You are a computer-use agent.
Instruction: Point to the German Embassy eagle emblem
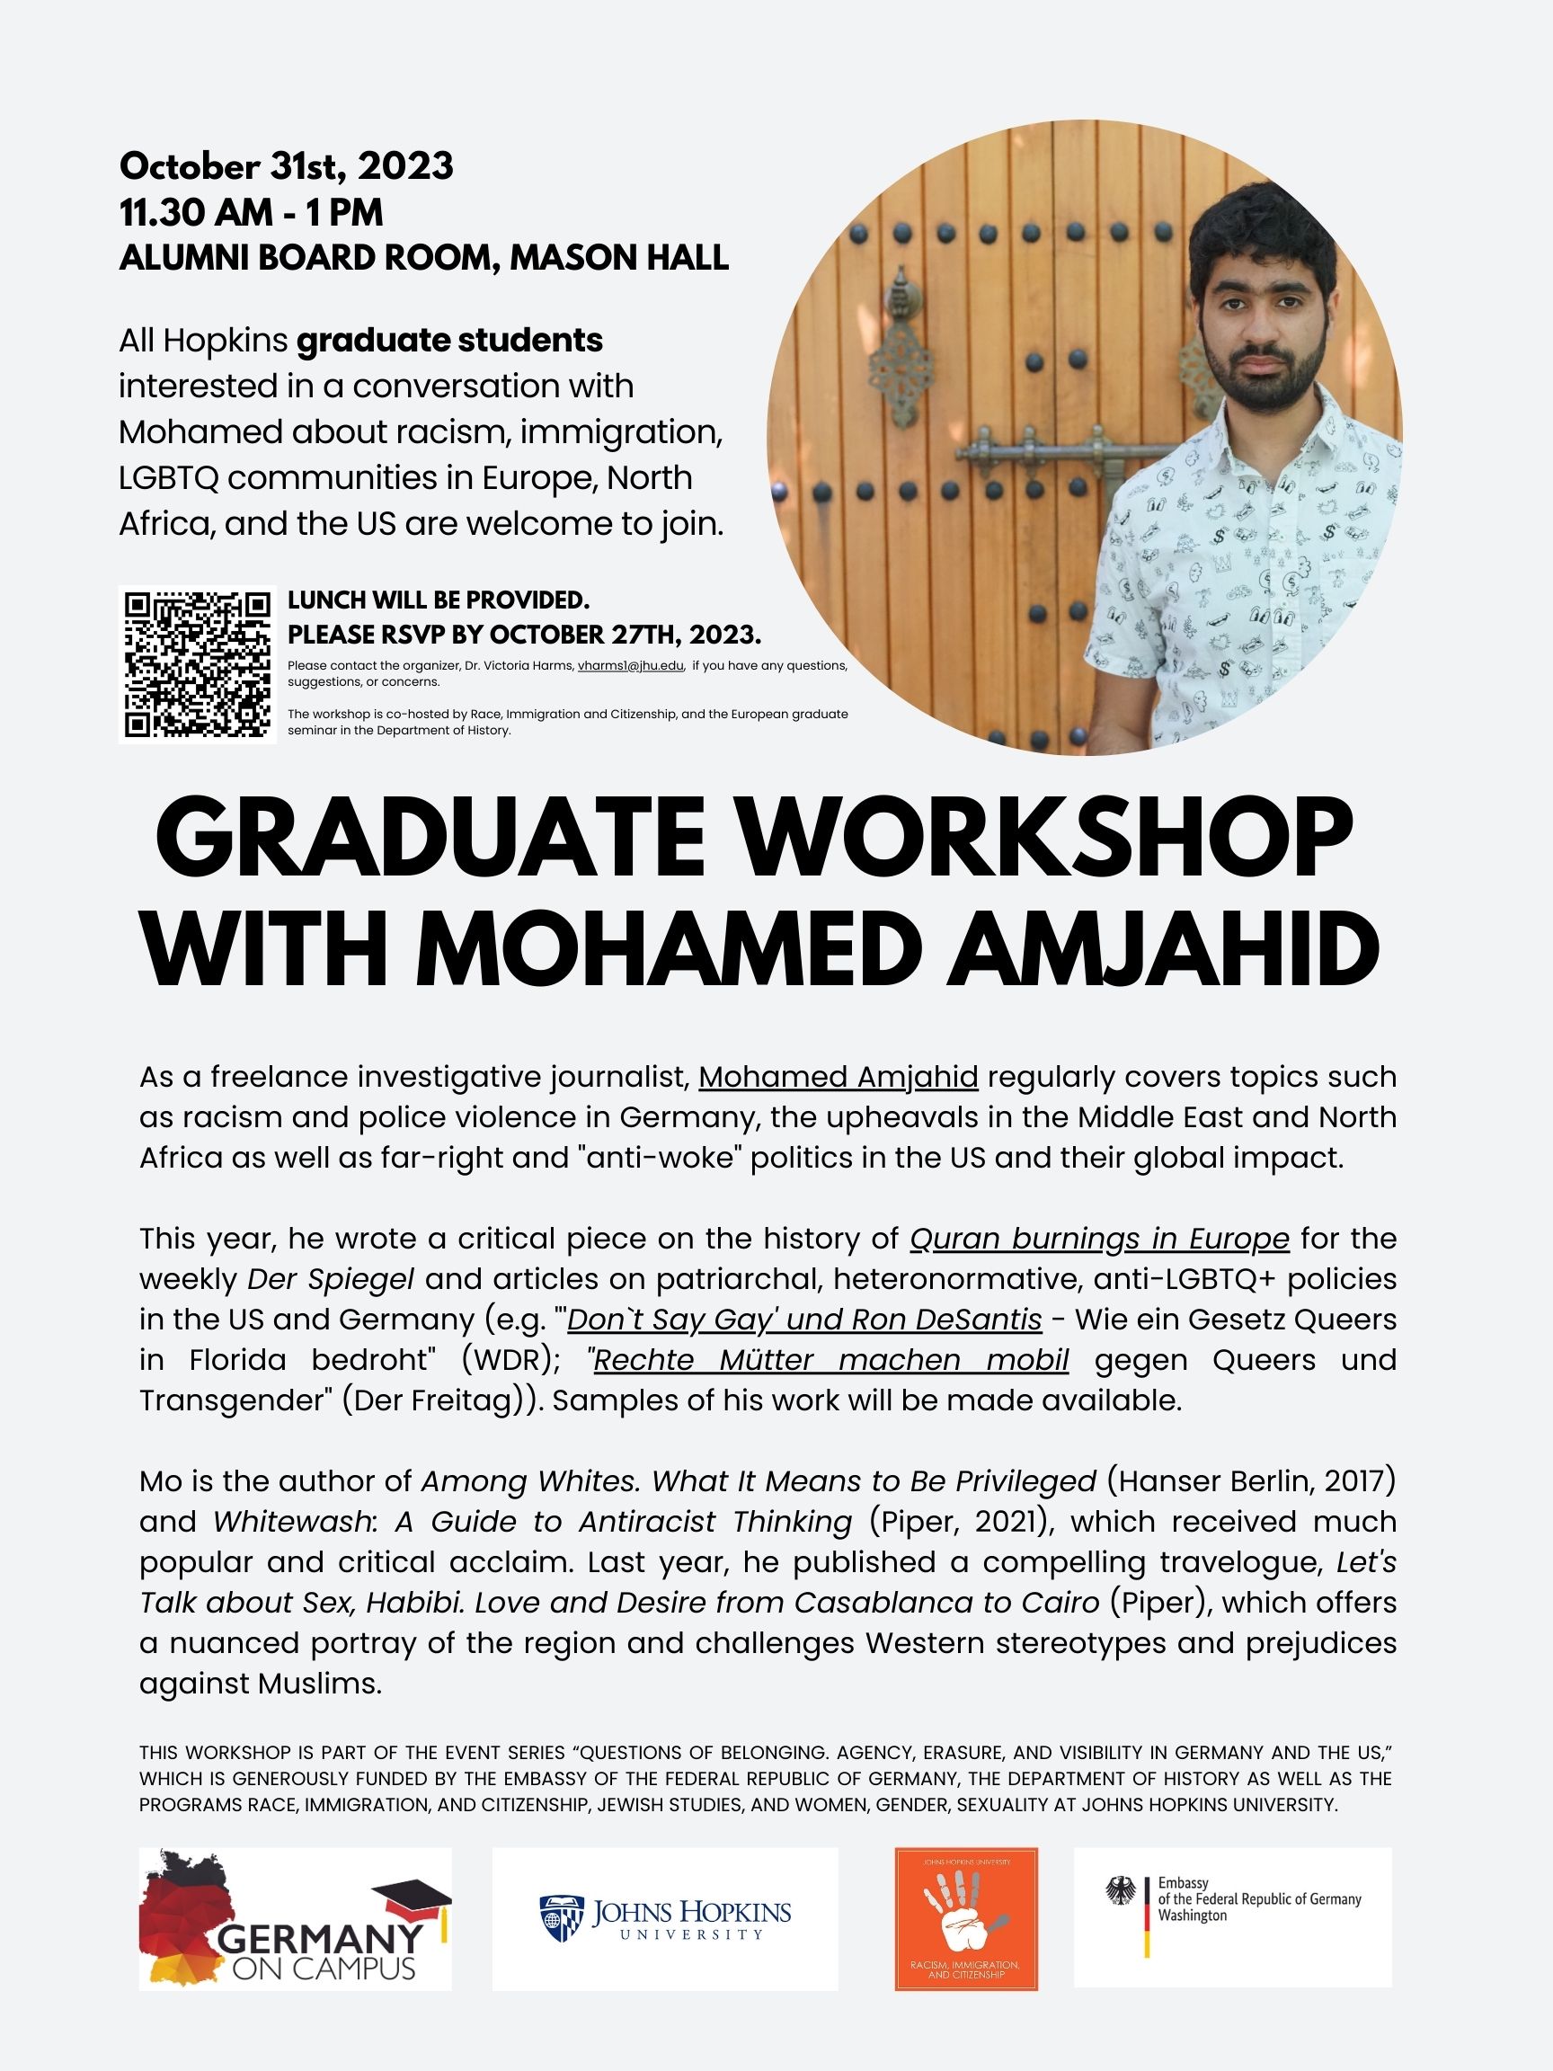pos(1120,1892)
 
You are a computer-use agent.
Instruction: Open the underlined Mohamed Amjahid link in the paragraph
pos(838,1077)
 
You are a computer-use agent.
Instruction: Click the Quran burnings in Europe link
pos(1099,1239)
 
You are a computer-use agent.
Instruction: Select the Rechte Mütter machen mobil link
pos(831,1359)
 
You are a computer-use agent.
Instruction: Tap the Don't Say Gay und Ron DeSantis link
pos(804,1320)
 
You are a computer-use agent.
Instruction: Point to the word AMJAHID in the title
pos(1164,947)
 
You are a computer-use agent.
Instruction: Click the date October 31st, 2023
pos(287,166)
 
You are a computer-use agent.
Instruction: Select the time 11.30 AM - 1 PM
pos(251,212)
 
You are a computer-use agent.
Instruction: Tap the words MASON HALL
pos(618,257)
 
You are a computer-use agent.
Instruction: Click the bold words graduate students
pos(449,341)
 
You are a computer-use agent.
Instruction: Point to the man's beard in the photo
pos(1265,379)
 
